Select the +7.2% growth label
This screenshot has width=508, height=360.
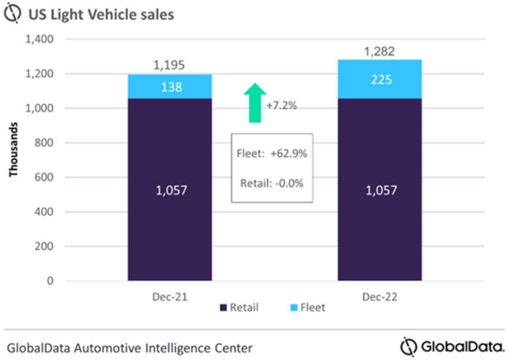pos(281,105)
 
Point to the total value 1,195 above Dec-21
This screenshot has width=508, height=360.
pos(169,65)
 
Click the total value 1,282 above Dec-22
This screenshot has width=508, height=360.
pos(380,50)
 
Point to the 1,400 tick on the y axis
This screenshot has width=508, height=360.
pos(39,40)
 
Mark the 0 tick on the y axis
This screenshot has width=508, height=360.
pos(50,281)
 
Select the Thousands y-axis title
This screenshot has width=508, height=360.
pos(13,153)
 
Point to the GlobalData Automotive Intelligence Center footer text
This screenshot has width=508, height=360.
pos(130,347)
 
